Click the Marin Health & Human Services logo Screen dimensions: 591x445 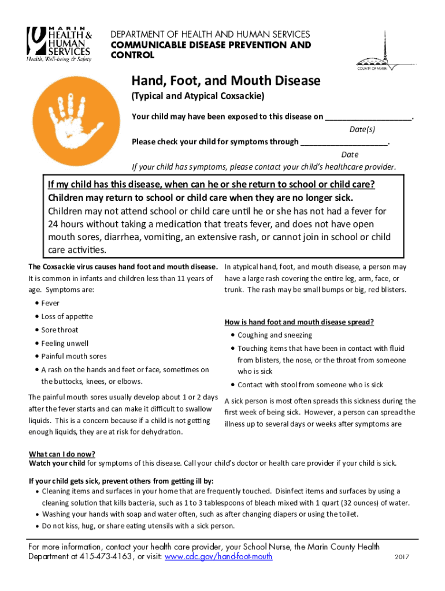pos(58,44)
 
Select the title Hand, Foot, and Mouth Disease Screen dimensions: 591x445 pos(226,80)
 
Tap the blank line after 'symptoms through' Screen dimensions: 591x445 pos(344,141)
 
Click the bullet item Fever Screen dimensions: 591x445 pos(50,304)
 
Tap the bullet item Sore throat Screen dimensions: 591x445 pos(60,330)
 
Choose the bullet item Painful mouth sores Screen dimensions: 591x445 pos(73,357)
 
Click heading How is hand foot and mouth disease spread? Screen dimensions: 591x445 pos(299,322)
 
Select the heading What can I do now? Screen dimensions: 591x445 pos(62,454)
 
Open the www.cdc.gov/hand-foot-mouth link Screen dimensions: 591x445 pos(218,556)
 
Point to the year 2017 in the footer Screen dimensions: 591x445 pos(402,558)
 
